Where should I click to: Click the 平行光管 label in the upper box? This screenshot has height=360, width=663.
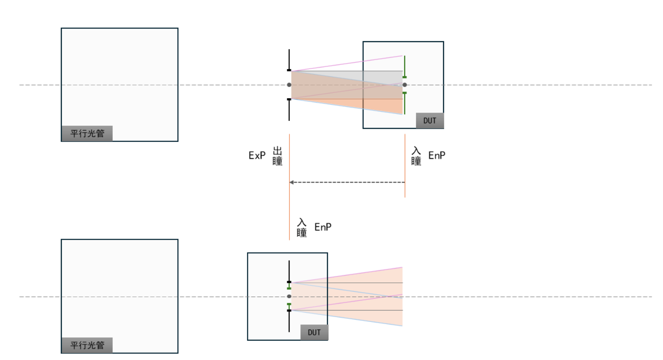pyautogui.click(x=87, y=134)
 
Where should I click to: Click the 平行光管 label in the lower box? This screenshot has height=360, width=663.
pyautogui.click(x=87, y=345)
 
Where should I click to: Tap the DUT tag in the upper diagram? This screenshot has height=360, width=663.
pyautogui.click(x=430, y=121)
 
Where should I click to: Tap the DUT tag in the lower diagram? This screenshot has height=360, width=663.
pyautogui.click(x=314, y=332)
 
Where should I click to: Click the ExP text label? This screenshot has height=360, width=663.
pyautogui.click(x=257, y=155)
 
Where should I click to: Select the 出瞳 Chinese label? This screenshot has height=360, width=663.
pyautogui.click(x=278, y=156)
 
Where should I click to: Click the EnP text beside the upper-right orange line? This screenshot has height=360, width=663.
pyautogui.click(x=437, y=155)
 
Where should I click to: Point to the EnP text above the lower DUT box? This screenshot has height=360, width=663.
pyautogui.click(x=323, y=227)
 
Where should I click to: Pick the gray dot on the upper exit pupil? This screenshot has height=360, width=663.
pyautogui.click(x=289, y=85)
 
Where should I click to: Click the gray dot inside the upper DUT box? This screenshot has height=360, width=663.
pyautogui.click(x=405, y=85)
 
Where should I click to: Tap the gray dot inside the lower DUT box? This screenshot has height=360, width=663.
pyautogui.click(x=289, y=296)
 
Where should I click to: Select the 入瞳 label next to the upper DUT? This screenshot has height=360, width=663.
pyautogui.click(x=416, y=156)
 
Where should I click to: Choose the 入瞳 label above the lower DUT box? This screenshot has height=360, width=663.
pyautogui.click(x=302, y=227)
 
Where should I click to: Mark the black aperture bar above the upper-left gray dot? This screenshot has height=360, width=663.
pyautogui.click(x=289, y=60)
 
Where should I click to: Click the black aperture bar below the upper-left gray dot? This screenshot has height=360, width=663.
pyautogui.click(x=289, y=109)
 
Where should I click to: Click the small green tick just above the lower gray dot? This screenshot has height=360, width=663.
pyautogui.click(x=289, y=286)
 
